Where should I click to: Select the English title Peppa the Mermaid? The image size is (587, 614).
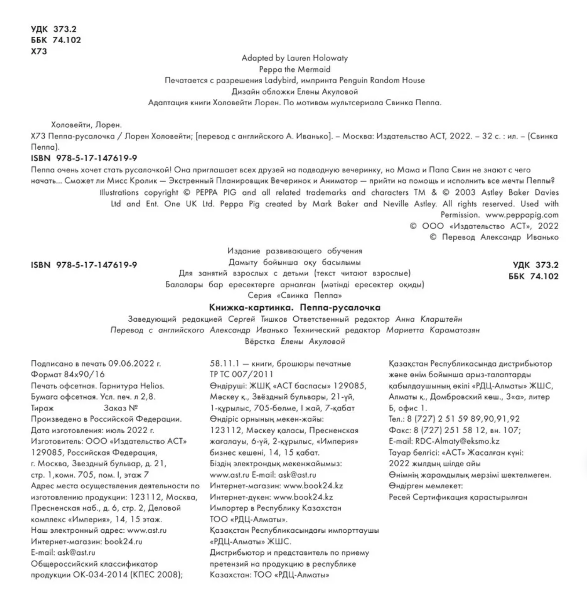point(295,69)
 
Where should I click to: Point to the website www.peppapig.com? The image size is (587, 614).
point(522,215)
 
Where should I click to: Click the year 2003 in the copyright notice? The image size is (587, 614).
point(465,193)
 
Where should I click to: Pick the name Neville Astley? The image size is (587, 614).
point(409,204)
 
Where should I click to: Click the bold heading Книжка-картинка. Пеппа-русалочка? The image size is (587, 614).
point(295,307)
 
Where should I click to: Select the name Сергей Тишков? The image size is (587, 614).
point(257,319)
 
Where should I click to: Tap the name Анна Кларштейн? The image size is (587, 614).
point(428,319)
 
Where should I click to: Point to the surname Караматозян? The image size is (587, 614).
point(454,330)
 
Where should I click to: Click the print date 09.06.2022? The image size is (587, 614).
point(131,364)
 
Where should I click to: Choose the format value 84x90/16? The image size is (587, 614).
point(84,374)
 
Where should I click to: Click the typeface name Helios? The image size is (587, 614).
point(152,386)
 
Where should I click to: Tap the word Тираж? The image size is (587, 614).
point(42,408)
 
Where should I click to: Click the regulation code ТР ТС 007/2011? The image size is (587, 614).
point(241,374)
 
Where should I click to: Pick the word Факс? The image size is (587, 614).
point(400,430)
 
